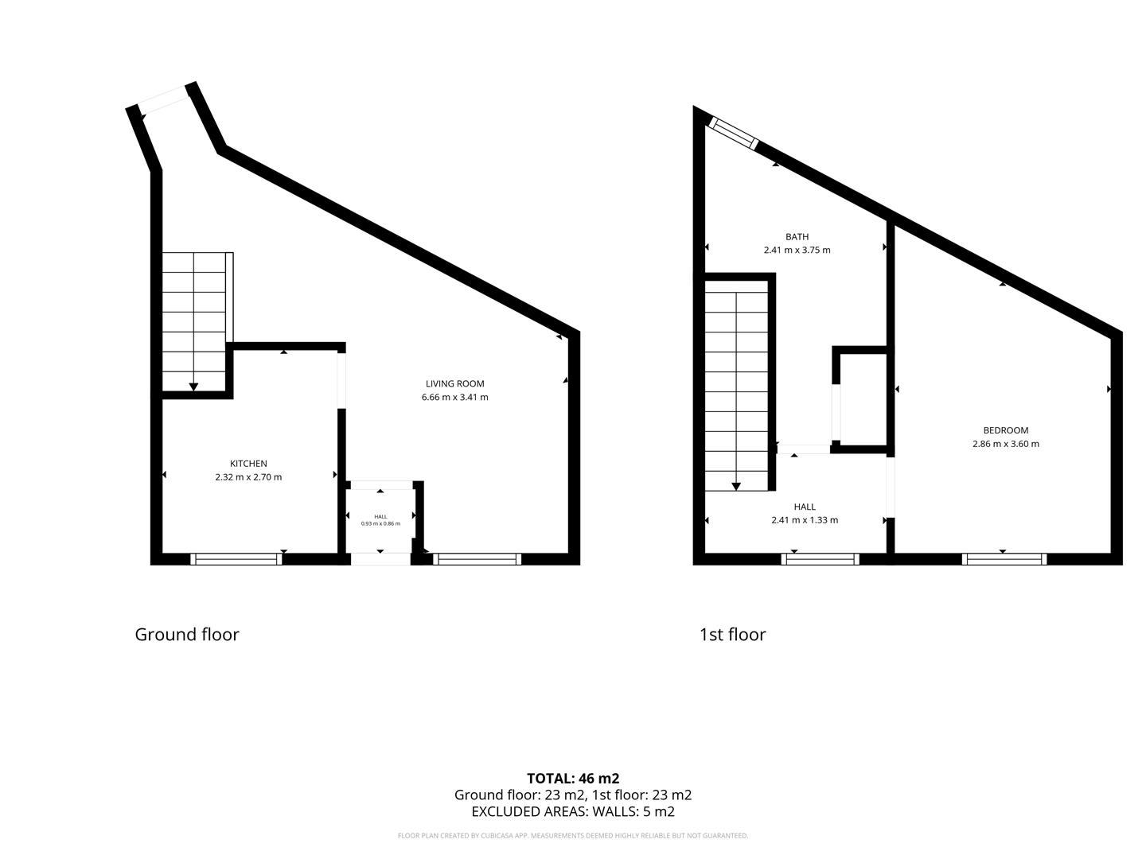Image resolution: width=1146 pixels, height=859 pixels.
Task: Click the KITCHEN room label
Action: (x=248, y=463)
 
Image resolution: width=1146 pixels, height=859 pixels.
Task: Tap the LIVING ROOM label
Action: (x=454, y=383)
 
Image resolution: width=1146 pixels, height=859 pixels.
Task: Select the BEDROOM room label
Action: (x=1006, y=430)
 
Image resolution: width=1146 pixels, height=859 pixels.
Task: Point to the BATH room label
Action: (x=797, y=236)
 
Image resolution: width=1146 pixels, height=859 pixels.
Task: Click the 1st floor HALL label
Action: (x=805, y=507)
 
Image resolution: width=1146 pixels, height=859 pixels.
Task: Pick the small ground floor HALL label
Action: (x=380, y=516)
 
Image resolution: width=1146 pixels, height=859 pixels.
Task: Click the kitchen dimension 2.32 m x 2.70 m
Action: (x=248, y=476)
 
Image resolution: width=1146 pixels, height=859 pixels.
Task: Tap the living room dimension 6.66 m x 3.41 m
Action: (x=454, y=397)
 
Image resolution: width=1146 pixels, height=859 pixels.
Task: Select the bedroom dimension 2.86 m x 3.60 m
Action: (x=1006, y=444)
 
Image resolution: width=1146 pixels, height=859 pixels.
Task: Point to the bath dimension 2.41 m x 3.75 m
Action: (x=797, y=250)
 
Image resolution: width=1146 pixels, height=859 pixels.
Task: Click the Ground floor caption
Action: (x=187, y=634)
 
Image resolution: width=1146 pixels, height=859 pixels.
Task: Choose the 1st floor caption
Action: (x=732, y=634)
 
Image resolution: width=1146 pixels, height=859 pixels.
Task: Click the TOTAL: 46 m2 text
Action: (x=573, y=778)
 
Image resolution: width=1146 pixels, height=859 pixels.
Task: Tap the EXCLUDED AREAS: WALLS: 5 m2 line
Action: (x=573, y=811)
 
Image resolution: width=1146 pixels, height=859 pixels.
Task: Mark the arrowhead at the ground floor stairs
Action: (x=193, y=387)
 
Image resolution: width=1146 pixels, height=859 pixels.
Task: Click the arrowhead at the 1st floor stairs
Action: (x=736, y=487)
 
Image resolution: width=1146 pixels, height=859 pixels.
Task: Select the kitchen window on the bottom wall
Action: (x=236, y=559)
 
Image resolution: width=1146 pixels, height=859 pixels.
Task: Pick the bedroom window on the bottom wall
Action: (x=1004, y=559)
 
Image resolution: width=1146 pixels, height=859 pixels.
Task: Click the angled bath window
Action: (x=733, y=133)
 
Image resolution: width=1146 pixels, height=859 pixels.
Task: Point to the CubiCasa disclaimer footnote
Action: (x=573, y=835)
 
